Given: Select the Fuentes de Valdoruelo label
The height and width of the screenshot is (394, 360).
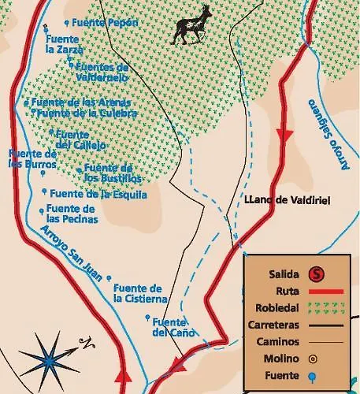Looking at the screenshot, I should (x=101, y=72).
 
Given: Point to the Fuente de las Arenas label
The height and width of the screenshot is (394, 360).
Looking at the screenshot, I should (x=81, y=102).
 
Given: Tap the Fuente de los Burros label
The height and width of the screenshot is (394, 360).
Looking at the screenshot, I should (x=32, y=159).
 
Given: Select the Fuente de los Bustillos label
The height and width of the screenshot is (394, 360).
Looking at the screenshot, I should (x=107, y=173).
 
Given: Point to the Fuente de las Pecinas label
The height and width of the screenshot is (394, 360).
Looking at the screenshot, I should (x=72, y=213).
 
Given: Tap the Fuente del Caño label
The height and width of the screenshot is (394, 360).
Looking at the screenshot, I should (x=169, y=327).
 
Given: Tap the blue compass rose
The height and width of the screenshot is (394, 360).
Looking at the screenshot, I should (x=49, y=359).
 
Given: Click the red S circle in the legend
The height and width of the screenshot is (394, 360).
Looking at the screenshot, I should (x=316, y=274).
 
